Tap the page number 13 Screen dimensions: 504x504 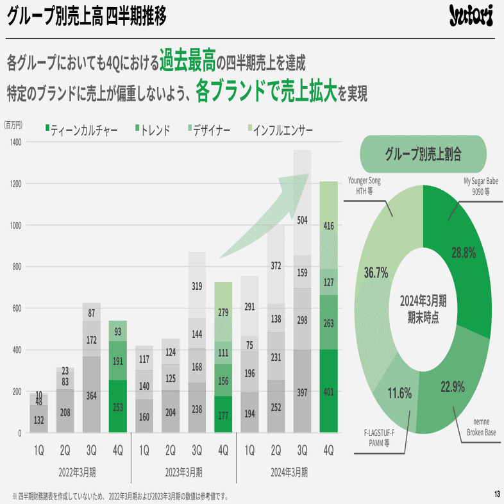496,494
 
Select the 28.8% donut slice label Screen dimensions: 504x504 463,253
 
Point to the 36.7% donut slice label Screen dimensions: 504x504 376,273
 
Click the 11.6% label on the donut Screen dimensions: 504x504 398,393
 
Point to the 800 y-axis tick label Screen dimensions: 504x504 15,267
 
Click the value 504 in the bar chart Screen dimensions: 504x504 303,221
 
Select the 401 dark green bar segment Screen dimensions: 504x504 328,391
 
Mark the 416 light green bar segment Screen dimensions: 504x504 328,225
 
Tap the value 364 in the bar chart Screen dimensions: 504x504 92,396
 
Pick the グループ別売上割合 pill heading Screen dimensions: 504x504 424,155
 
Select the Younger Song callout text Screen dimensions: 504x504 364,185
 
